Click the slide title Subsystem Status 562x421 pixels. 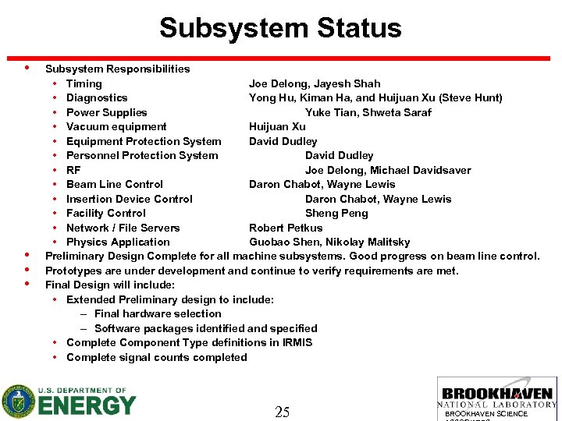point(280,29)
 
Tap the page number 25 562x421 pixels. point(283,412)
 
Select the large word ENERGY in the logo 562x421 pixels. point(87,406)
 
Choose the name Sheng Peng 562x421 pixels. point(336,213)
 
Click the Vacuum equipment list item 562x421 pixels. point(116,127)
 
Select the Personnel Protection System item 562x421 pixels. point(142,155)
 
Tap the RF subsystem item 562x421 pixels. point(73,170)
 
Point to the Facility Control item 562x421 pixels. point(106,213)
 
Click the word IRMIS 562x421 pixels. point(297,342)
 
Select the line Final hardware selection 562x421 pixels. point(158,313)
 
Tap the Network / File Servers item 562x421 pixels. point(123,228)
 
